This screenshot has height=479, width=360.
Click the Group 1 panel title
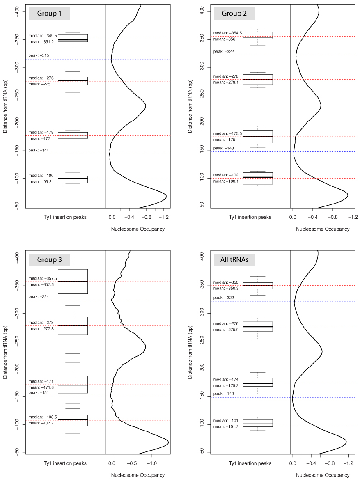50,14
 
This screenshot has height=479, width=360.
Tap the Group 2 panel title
234,14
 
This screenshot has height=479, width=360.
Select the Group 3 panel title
50,260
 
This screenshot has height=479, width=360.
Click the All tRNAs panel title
234,260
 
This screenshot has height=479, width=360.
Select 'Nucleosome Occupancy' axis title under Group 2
323,229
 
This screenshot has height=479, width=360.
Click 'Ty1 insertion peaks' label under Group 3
65,463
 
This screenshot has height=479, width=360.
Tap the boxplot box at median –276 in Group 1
73,81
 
